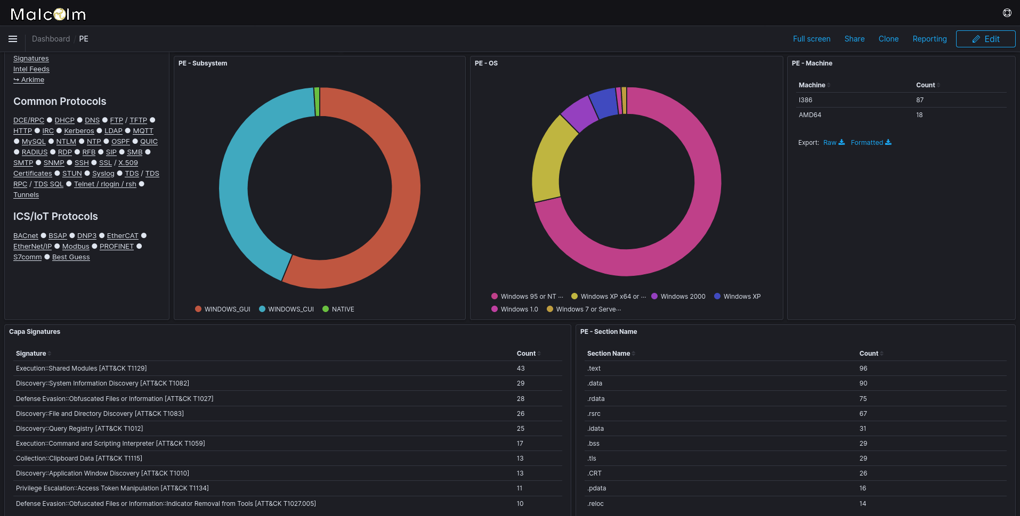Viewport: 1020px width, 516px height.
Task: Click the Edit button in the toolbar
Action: tap(985, 39)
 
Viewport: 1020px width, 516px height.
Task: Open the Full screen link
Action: tap(811, 39)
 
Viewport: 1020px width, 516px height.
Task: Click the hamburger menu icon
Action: tap(13, 39)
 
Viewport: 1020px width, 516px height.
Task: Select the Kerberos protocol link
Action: tap(79, 131)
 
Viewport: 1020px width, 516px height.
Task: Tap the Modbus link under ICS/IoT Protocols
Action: tap(76, 247)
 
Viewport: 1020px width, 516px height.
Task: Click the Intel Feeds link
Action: tap(31, 69)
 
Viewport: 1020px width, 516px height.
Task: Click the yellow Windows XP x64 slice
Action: tap(549, 160)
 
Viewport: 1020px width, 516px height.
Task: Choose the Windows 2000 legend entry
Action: tap(682, 297)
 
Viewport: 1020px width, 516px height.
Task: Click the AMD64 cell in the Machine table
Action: tap(809, 115)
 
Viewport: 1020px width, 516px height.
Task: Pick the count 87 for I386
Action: tap(920, 100)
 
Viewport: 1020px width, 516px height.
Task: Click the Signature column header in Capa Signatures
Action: tap(31, 354)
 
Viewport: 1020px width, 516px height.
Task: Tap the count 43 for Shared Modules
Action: tap(521, 368)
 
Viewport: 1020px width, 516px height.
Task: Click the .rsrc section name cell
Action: tap(594, 414)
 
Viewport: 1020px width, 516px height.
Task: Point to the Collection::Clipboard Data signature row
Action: tap(79, 458)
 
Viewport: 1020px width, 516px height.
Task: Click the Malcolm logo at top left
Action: tap(48, 14)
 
